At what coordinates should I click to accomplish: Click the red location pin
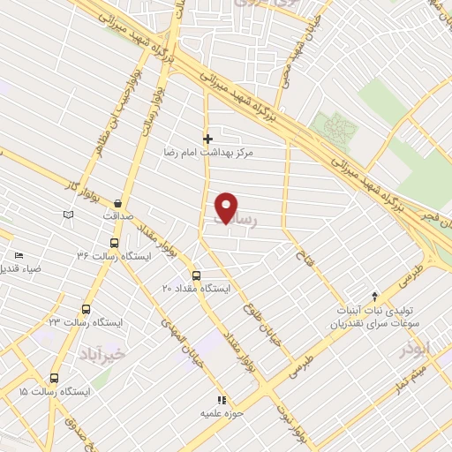click(x=227, y=207)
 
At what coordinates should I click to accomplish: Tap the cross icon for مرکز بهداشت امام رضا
click(x=208, y=139)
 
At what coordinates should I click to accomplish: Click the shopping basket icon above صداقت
click(x=117, y=203)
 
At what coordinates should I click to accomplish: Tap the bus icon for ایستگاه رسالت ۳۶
click(x=114, y=243)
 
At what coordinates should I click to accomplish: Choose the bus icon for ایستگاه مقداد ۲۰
click(x=196, y=275)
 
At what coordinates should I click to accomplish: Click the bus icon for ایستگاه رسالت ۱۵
click(x=55, y=377)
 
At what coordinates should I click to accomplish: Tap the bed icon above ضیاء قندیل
click(x=19, y=255)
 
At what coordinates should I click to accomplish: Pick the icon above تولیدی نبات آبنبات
click(x=374, y=297)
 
